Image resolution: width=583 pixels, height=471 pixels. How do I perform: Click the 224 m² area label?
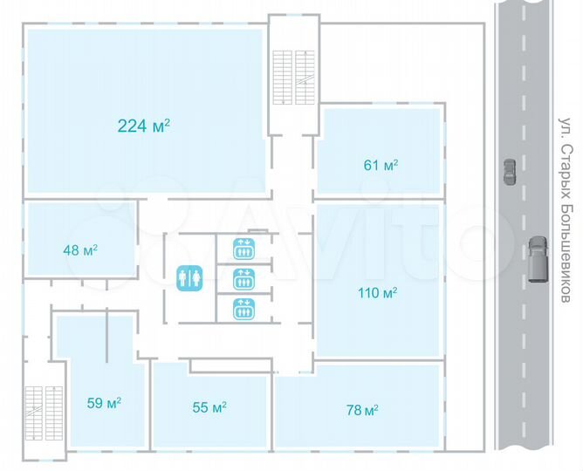click(x=143, y=126)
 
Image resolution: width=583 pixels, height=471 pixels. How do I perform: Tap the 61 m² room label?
click(x=381, y=164)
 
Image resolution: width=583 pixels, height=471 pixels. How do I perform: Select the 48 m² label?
click(x=79, y=250)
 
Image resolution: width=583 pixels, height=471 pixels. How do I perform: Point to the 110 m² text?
click(x=378, y=292)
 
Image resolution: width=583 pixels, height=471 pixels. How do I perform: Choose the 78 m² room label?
click(x=360, y=410)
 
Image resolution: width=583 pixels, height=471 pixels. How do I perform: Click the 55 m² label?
click(x=209, y=406)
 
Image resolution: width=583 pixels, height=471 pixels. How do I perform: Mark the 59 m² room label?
click(x=103, y=403)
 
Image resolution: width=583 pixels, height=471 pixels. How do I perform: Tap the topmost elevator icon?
click(x=243, y=249)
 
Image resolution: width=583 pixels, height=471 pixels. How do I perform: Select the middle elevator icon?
click(x=243, y=278)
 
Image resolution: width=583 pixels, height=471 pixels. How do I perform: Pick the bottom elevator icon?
click(x=243, y=308)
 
